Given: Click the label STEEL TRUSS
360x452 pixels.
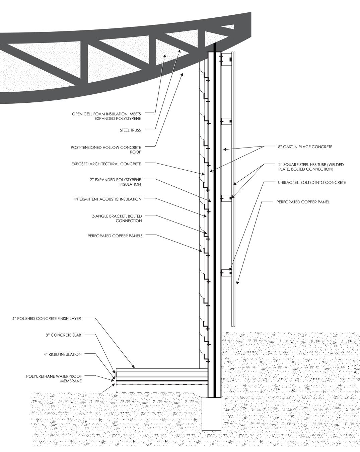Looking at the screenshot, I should coord(130,130).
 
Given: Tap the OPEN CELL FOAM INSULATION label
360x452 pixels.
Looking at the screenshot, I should coord(106,116).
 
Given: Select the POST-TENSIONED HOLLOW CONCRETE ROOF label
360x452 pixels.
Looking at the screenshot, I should coord(106,149).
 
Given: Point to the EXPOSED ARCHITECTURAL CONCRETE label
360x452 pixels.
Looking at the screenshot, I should coord(106,164).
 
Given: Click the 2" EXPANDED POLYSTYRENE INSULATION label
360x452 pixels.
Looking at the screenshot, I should coord(115,182).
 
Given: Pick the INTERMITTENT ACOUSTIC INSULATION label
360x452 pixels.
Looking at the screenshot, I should coord(108,199).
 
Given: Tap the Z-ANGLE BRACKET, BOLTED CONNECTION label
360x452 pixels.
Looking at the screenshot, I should coord(117,218).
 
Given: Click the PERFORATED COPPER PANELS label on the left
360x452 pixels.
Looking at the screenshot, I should coord(115,236).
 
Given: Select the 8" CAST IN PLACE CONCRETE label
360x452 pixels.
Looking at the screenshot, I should coord(305,147).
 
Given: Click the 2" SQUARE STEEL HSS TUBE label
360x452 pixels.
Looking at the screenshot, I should coord(311,167).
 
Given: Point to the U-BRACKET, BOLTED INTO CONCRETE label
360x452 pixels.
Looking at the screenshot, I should coord(312,182).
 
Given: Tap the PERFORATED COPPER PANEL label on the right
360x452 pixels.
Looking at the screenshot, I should coord(303,202).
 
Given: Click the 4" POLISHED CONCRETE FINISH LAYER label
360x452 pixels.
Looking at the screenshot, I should coord(47,319).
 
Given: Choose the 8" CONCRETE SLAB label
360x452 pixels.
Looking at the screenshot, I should coord(64,335).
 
